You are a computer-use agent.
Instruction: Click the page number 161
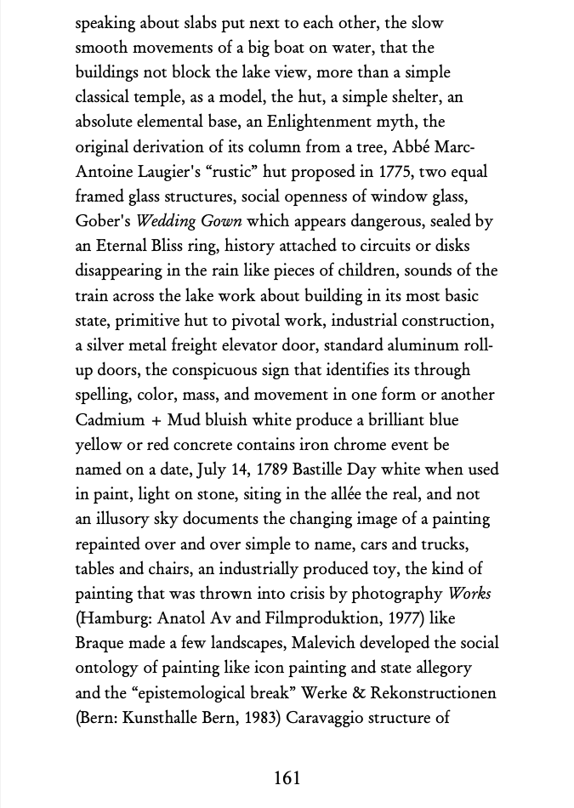pos(287,777)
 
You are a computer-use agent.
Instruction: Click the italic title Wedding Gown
pos(189,221)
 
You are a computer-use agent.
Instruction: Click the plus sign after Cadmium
pos(152,420)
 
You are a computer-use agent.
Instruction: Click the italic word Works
pos(469,594)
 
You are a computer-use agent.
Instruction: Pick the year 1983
pos(256,717)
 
